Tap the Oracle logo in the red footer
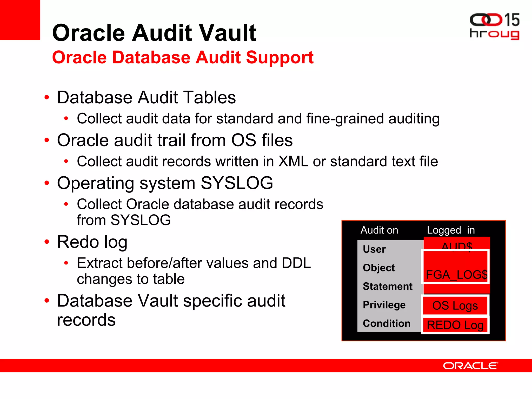(x=470, y=366)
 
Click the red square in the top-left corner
(x=20, y=20)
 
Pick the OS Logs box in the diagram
(x=455, y=305)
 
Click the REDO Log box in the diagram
(x=455, y=325)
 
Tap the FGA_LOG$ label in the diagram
(x=457, y=275)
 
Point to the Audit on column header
(x=379, y=230)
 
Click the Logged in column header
(x=451, y=230)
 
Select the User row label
(x=374, y=249)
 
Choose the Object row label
(x=379, y=268)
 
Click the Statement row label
(x=388, y=286)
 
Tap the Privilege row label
(x=384, y=305)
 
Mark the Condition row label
(x=387, y=323)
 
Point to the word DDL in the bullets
(x=296, y=263)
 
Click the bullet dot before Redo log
(x=47, y=242)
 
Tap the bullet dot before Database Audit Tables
(x=47, y=97)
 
